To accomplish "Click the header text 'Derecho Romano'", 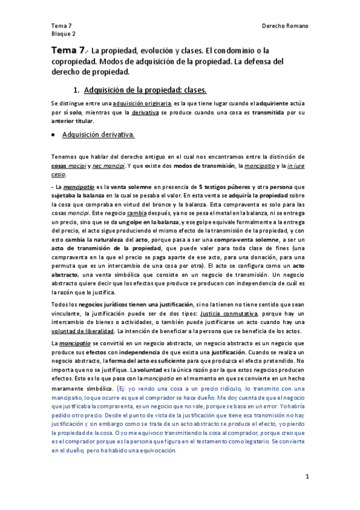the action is (x=285, y=26).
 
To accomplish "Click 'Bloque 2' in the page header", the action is (x=64, y=34).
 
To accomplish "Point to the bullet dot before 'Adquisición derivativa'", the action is (x=54, y=135).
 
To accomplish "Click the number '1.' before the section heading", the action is (x=76, y=90).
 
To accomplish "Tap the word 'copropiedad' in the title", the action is (x=75, y=62).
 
